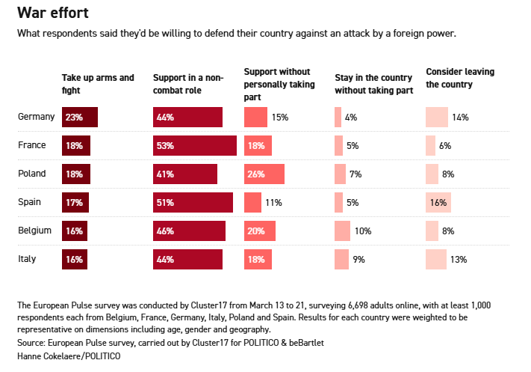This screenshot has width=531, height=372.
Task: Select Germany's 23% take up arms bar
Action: click(x=80, y=118)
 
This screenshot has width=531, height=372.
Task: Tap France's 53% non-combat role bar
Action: click(x=194, y=146)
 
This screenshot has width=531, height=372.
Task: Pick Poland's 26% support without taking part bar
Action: click(x=264, y=174)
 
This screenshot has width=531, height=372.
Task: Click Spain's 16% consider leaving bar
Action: click(x=438, y=203)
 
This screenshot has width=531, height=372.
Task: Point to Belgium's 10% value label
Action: click(x=363, y=231)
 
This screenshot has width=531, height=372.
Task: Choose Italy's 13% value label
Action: click(x=459, y=260)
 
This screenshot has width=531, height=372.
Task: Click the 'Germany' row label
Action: click(x=36, y=117)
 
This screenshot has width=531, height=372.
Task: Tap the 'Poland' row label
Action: click(x=32, y=174)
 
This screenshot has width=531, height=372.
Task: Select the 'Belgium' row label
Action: click(x=34, y=231)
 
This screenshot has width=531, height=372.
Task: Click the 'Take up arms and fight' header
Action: click(x=98, y=84)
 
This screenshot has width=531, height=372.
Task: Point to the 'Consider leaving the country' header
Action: click(x=460, y=78)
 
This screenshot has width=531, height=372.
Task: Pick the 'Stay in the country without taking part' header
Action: click(x=373, y=84)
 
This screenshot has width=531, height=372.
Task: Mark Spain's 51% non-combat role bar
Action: click(x=193, y=203)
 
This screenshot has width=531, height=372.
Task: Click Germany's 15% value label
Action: click(x=280, y=118)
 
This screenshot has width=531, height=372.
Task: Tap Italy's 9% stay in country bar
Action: click(x=341, y=260)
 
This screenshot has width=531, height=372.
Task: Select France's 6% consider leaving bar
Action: click(x=430, y=146)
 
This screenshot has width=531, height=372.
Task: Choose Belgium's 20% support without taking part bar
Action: click(x=260, y=231)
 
